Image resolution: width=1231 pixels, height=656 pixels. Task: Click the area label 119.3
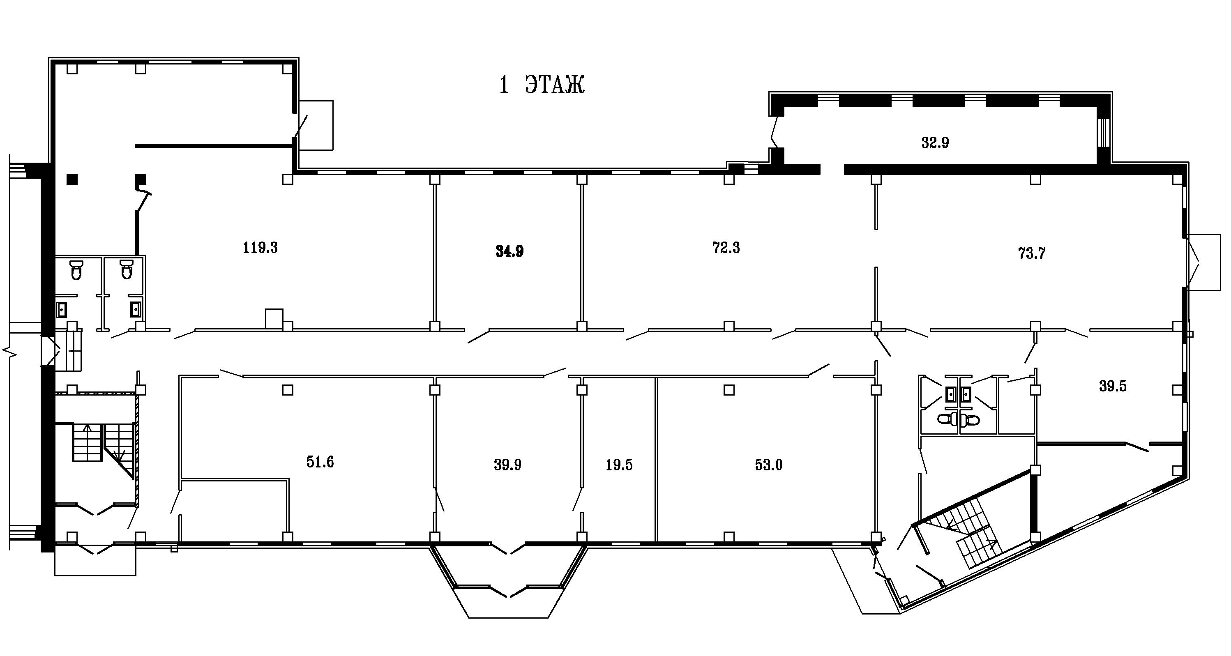pos(260,248)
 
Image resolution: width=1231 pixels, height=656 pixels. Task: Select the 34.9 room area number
pos(509,251)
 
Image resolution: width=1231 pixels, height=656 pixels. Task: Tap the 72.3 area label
pos(726,248)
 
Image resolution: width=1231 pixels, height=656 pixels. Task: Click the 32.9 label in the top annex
pos(935,143)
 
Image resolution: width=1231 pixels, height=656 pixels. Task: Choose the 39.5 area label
pos(1113,386)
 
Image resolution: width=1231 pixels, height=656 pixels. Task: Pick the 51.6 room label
pos(320,462)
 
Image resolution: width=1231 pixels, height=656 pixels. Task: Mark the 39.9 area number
pos(507,465)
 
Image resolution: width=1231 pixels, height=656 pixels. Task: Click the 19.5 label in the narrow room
pos(619,465)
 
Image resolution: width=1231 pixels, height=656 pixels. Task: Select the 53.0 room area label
pos(768,465)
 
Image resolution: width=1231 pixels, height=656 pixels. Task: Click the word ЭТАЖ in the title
pos(555,85)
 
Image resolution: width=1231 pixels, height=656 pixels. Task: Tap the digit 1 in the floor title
pos(504,85)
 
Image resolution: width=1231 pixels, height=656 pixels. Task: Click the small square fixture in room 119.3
pos(274,319)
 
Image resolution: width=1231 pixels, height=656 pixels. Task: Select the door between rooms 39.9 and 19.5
pos(578,499)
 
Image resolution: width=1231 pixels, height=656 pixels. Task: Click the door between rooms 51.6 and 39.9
pos(439,499)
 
